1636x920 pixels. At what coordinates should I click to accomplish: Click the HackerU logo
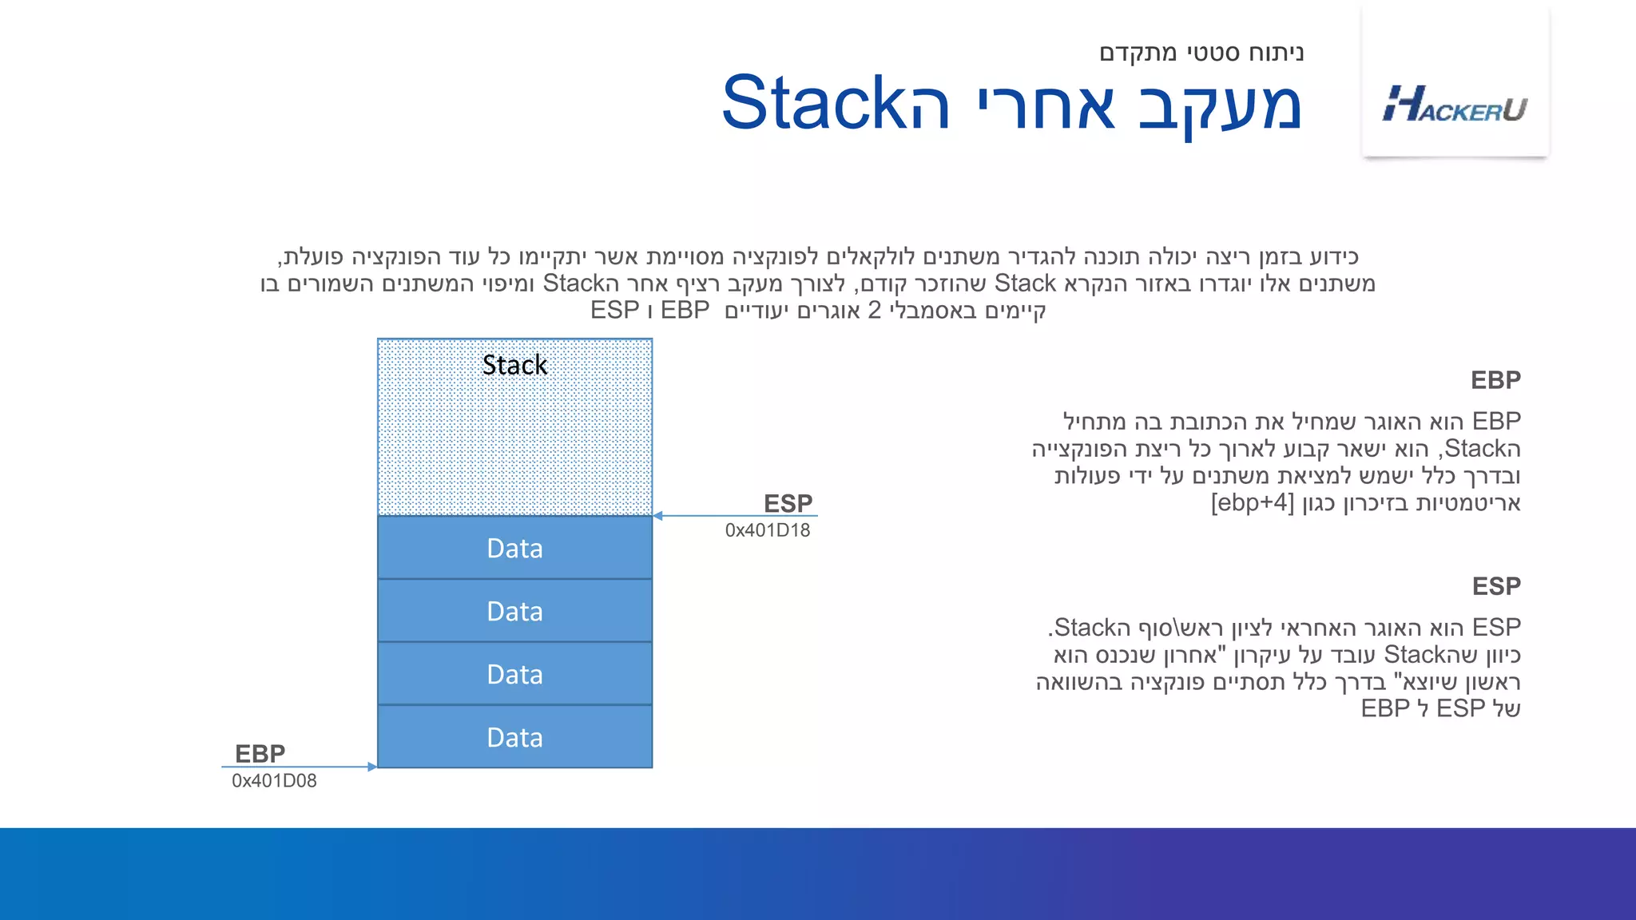pyautogui.click(x=1455, y=105)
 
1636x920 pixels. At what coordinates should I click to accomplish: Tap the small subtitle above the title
pyautogui.click(x=1201, y=53)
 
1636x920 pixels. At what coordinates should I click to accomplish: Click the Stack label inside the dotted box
pyautogui.click(x=514, y=365)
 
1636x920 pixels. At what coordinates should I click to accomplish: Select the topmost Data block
pyautogui.click(x=514, y=548)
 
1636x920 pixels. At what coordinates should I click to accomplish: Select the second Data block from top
pyautogui.click(x=514, y=611)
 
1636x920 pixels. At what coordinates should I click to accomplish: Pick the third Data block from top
pyautogui.click(x=514, y=674)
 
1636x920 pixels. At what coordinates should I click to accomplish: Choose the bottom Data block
pyautogui.click(x=514, y=737)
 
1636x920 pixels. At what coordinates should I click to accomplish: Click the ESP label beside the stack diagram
pyautogui.click(x=788, y=503)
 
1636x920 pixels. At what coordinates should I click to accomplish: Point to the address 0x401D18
pyautogui.click(x=767, y=530)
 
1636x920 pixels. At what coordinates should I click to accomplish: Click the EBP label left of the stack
pyautogui.click(x=260, y=753)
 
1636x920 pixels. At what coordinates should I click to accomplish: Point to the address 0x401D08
pyautogui.click(x=274, y=781)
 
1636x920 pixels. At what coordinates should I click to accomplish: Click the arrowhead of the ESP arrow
pyautogui.click(x=658, y=516)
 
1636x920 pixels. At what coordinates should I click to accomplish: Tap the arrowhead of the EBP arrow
pyautogui.click(x=371, y=767)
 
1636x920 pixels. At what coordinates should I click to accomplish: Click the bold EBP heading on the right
pyautogui.click(x=1495, y=380)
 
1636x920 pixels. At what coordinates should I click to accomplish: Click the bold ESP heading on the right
pyautogui.click(x=1496, y=586)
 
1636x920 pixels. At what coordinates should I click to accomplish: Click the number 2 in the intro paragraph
pyautogui.click(x=874, y=310)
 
